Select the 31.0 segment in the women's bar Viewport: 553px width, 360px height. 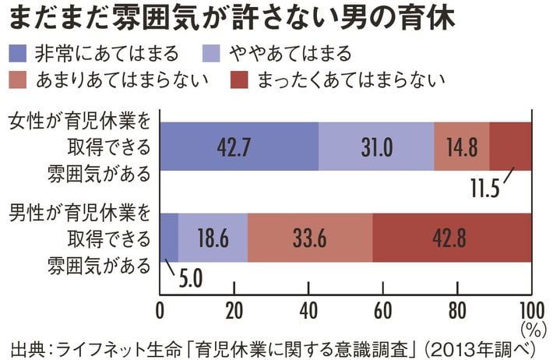[376, 146]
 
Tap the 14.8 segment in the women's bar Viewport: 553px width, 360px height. [461, 146]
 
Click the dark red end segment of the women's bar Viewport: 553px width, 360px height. [510, 146]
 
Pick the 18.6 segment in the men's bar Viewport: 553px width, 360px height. [213, 238]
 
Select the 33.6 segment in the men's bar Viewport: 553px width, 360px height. [310, 238]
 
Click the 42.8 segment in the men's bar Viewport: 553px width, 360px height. [452, 238]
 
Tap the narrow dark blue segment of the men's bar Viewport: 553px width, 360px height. [169, 238]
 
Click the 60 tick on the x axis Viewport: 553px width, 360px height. [382, 307]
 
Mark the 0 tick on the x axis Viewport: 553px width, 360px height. [160, 307]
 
